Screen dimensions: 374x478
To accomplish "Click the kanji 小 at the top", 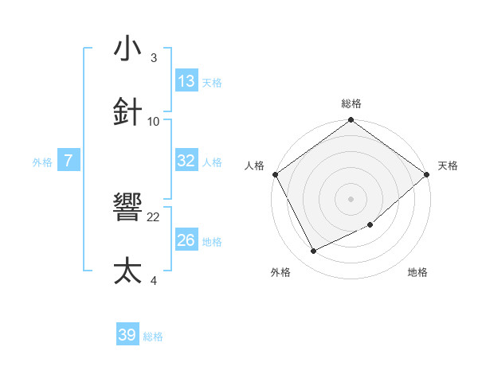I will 128,49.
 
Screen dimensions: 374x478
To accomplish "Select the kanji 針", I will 128,111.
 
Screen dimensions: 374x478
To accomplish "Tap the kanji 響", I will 128,208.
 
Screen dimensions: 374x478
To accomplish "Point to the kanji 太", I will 128,271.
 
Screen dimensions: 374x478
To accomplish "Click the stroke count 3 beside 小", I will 153,58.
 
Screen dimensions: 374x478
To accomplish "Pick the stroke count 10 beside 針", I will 154,121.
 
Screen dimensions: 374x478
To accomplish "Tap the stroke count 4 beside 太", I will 153,280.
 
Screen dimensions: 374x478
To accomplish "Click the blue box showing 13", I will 186,81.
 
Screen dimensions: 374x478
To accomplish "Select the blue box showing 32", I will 186,161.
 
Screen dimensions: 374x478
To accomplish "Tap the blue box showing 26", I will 186,240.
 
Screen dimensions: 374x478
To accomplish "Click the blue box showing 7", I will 69,161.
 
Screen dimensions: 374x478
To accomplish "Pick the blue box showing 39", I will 127,336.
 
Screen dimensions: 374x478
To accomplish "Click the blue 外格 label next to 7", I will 42,162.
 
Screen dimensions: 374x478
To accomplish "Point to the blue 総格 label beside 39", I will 154,337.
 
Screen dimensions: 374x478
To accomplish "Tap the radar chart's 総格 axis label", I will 351,104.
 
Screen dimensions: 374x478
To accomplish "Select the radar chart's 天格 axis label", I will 448,166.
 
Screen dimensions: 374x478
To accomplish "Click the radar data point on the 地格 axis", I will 370,225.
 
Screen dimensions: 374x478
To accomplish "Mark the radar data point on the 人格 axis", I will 275,174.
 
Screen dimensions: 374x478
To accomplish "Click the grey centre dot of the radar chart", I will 351,199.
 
